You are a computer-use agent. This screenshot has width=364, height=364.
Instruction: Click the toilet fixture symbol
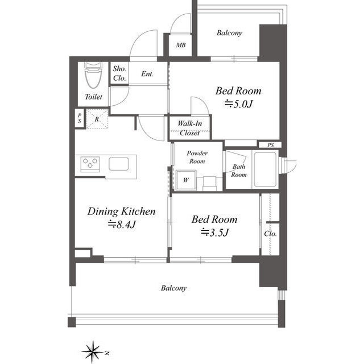(93, 75)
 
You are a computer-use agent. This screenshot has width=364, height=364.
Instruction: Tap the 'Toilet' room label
(93, 97)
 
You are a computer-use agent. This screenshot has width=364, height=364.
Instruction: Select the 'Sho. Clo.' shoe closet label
(119, 73)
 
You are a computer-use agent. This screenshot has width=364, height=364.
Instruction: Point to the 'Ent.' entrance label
(147, 74)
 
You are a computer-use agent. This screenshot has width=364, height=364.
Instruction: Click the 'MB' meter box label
(181, 45)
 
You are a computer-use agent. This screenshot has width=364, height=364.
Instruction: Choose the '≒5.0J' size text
(238, 104)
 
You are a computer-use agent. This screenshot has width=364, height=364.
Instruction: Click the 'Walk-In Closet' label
(190, 128)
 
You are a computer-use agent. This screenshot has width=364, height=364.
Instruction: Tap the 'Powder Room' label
(197, 157)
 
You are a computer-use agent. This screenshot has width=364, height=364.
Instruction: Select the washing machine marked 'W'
(186, 180)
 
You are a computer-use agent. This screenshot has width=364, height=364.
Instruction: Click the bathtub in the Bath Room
(266, 169)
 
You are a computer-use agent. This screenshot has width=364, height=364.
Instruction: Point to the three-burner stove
(90, 164)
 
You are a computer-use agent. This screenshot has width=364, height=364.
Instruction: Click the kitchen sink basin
(119, 164)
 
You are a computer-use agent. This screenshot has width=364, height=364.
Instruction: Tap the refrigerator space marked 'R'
(97, 119)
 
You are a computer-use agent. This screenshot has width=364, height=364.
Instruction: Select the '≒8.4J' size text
(122, 224)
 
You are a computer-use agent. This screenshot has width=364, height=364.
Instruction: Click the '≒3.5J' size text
(215, 232)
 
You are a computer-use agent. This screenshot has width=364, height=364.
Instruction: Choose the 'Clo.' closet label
(271, 233)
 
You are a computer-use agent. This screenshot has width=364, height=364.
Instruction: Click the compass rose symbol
(93, 352)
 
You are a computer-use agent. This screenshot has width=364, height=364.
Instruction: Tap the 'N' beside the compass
(107, 353)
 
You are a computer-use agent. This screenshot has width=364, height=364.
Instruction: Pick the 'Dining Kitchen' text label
(122, 211)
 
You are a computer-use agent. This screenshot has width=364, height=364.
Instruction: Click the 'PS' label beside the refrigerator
(80, 118)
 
